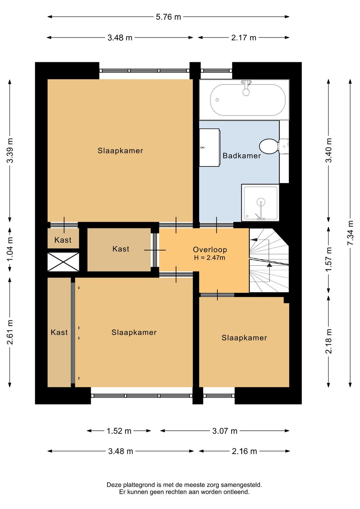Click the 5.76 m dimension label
(x=168, y=17)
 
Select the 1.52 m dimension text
(x=119, y=431)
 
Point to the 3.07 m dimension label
(x=225, y=431)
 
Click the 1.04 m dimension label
(x=10, y=249)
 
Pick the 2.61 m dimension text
(x=10, y=332)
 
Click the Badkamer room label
(x=242, y=156)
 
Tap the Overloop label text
(x=210, y=250)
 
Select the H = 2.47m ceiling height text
(x=210, y=258)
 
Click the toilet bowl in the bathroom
(x=269, y=146)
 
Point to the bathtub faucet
(x=246, y=88)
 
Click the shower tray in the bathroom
(x=260, y=203)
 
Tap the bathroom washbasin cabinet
(x=209, y=147)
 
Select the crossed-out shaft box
(x=63, y=262)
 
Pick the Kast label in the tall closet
(x=59, y=333)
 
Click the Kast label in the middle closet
(x=121, y=249)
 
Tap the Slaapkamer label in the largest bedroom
(x=120, y=151)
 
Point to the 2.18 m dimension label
(x=329, y=341)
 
